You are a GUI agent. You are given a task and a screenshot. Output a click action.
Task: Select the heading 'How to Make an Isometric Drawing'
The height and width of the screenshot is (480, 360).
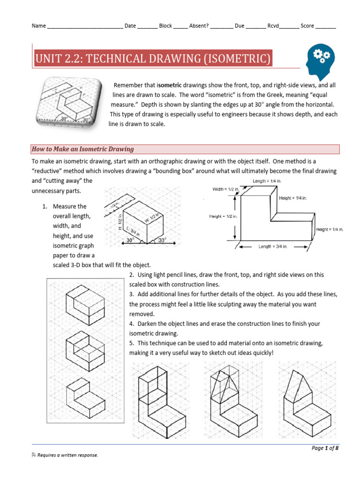[x=82, y=149]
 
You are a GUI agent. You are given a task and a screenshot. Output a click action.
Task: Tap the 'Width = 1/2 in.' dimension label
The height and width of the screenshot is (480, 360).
[x=226, y=189]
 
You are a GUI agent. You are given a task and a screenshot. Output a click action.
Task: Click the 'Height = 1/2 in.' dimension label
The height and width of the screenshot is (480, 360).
[x=223, y=216]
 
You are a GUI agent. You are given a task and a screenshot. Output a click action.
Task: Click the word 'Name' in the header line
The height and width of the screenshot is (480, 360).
[x=39, y=26]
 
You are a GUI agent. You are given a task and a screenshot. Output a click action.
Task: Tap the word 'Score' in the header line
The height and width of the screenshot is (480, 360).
[x=307, y=26]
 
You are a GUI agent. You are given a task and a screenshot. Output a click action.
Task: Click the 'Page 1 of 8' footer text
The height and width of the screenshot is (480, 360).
[x=325, y=448]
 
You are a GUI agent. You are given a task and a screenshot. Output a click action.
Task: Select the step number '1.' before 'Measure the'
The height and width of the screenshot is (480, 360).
[x=45, y=206]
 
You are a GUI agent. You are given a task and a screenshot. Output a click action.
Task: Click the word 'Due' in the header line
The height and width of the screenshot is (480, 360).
[x=239, y=26]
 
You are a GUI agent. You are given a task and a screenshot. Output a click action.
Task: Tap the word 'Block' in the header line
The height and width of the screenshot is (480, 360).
[x=165, y=26]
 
